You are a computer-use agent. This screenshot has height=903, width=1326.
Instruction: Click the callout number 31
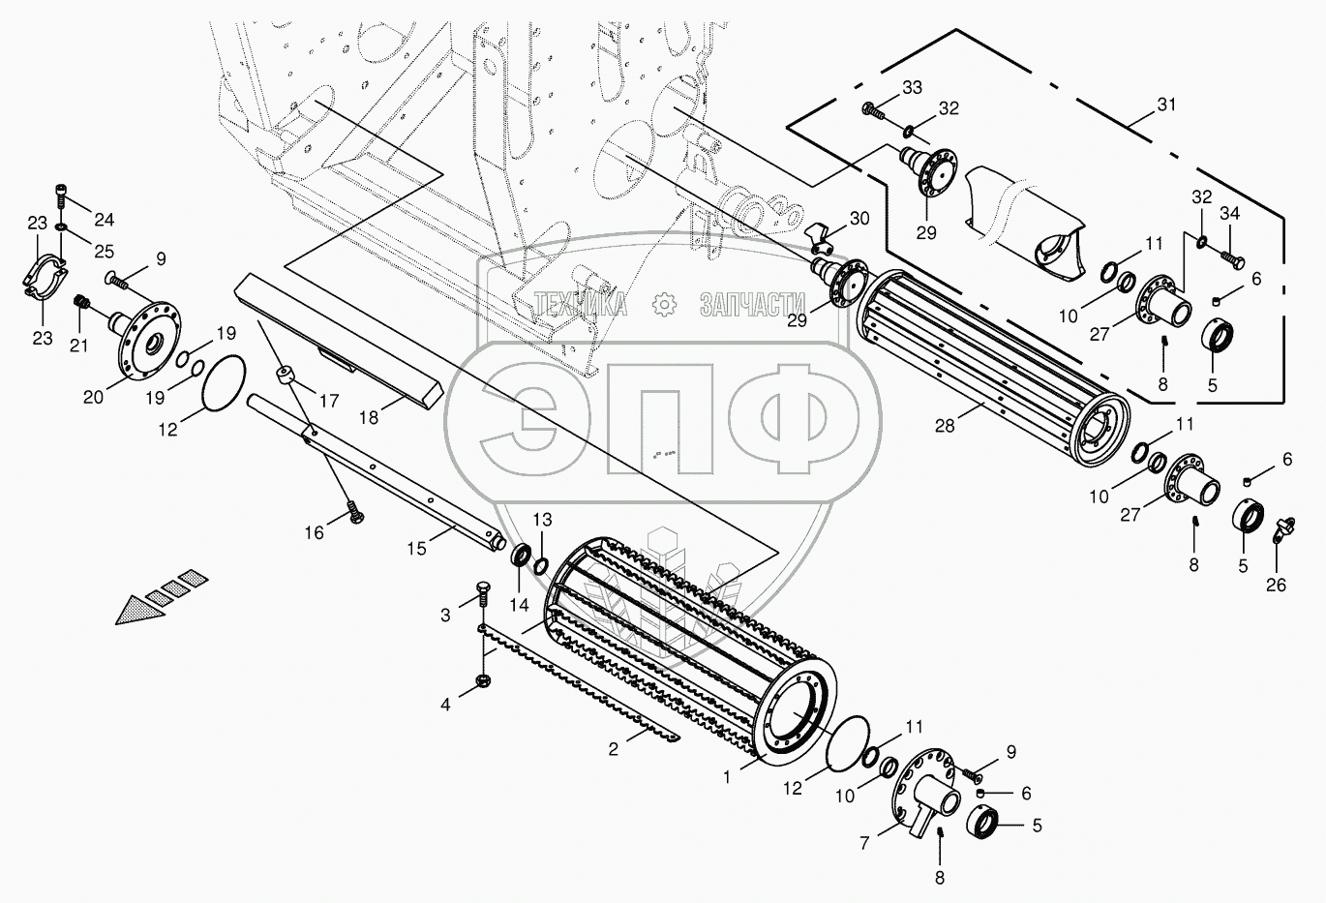tap(1166, 105)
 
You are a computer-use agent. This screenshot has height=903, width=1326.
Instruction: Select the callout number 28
tap(945, 426)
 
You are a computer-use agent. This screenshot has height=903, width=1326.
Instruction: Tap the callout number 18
tap(368, 418)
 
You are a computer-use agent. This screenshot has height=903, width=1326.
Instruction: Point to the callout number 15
tap(416, 549)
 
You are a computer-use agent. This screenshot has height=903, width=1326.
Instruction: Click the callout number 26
tap(1276, 585)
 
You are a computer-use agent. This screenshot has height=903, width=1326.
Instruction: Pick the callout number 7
tap(865, 843)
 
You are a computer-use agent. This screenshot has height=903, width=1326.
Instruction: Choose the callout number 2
tap(614, 750)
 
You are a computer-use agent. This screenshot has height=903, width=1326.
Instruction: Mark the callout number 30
tap(859, 219)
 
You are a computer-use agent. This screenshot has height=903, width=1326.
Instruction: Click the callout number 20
tap(93, 398)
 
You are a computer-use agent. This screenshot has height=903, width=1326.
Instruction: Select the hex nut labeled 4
tap(482, 680)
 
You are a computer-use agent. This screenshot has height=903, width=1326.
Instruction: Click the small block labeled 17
tap(286, 375)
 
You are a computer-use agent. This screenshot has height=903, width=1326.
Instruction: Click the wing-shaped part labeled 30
tap(820, 232)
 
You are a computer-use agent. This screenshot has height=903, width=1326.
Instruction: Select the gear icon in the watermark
tap(664, 304)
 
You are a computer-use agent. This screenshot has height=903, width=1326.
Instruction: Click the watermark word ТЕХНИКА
tap(580, 305)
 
